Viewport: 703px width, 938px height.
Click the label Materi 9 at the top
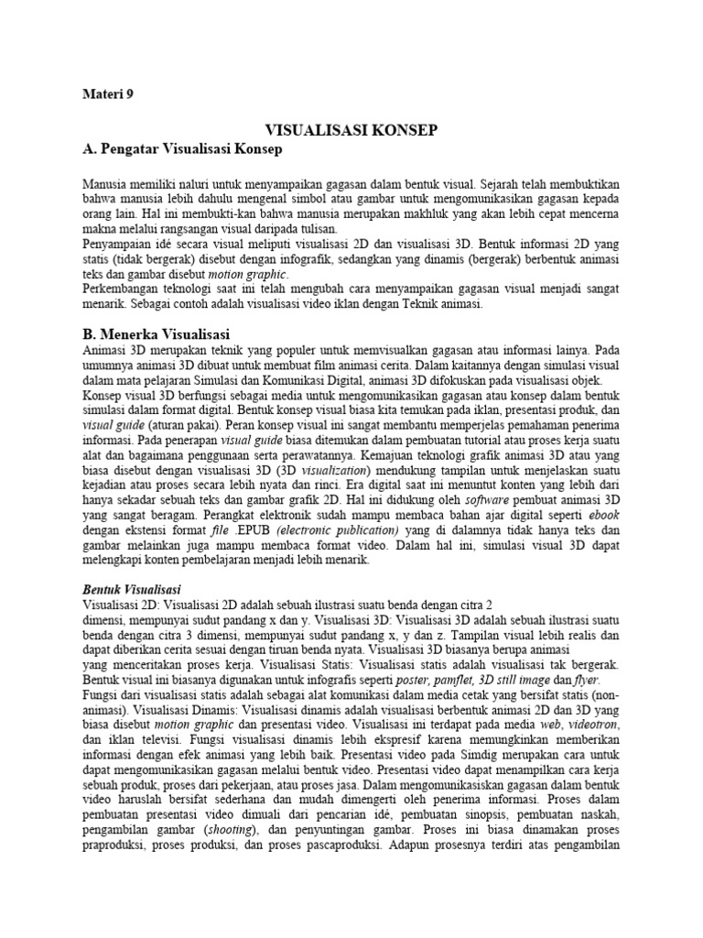pyautogui.click(x=108, y=93)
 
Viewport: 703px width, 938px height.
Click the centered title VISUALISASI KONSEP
pyautogui.click(x=351, y=131)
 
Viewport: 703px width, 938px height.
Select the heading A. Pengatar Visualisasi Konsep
pyautogui.click(x=183, y=148)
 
